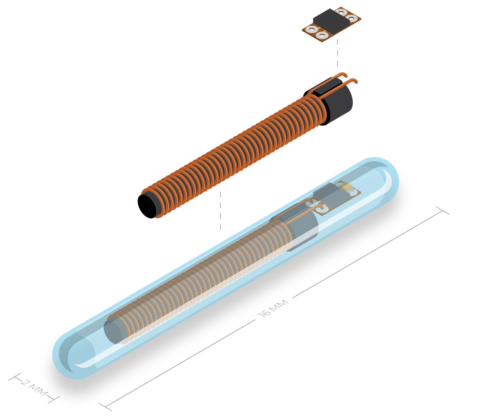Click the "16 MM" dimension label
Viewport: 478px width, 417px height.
tap(273, 308)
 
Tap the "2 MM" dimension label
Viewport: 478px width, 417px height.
tap(34, 388)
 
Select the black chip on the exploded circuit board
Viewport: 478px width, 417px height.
tap(331, 21)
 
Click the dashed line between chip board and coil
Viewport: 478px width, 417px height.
tap(337, 53)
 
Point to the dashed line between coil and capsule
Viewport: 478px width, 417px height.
tap(220, 210)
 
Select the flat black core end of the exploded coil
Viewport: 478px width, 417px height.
tap(147, 206)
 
